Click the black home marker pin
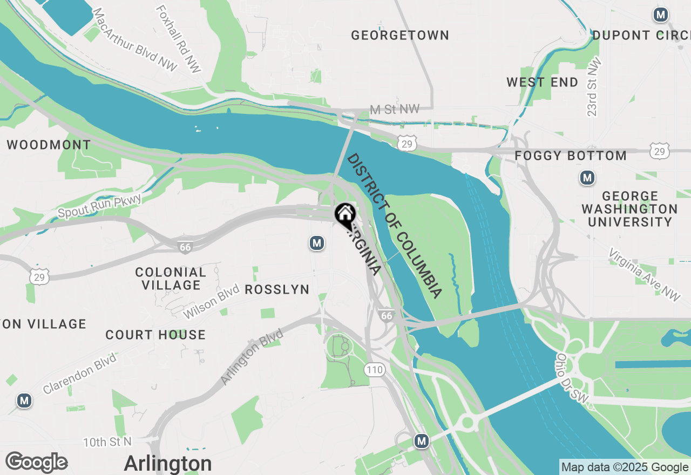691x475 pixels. click(x=344, y=215)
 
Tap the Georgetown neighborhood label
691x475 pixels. click(x=399, y=36)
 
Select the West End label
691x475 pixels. click(x=542, y=83)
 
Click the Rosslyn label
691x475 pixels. click(x=277, y=290)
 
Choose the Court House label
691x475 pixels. click(x=155, y=335)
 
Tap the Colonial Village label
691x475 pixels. click(x=171, y=279)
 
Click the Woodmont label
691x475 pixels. click(x=49, y=145)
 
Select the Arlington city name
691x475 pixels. click(x=168, y=464)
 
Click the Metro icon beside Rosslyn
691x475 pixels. click(x=317, y=243)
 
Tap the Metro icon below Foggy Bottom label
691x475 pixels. click(x=587, y=178)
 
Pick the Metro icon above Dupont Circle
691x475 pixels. click(x=661, y=15)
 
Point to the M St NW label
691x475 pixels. click(x=395, y=110)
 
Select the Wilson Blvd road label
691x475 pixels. click(x=211, y=302)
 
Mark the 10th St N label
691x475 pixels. click(x=107, y=442)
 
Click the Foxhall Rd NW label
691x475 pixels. click(x=179, y=39)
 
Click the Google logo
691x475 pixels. click(x=36, y=463)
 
